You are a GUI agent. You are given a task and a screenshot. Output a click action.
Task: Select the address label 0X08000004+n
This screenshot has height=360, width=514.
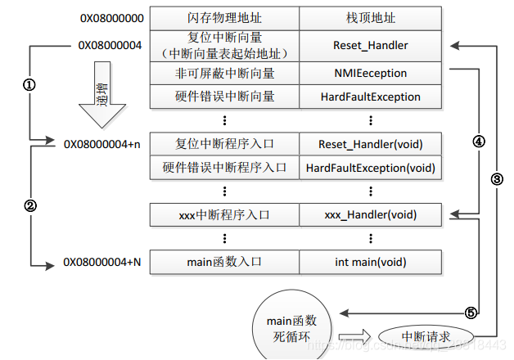point(102,144)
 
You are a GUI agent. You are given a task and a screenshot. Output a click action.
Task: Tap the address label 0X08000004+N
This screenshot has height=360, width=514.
point(102,263)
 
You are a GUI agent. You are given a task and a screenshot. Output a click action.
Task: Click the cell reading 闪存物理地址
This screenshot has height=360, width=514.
point(224,18)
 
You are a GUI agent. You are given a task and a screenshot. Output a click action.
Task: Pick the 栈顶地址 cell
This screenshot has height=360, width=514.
point(370,18)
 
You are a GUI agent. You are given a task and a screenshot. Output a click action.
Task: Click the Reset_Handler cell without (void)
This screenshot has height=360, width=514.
point(370,46)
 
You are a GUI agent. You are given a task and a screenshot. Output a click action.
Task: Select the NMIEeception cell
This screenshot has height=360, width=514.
point(370,74)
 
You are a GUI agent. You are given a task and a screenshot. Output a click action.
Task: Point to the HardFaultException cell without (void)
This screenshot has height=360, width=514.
point(370,97)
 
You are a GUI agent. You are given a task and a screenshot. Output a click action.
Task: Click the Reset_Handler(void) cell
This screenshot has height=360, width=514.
point(370,144)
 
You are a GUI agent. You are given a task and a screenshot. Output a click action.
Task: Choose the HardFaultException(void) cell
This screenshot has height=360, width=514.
point(370,168)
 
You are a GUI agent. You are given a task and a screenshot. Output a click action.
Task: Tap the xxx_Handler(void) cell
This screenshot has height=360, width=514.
point(370,215)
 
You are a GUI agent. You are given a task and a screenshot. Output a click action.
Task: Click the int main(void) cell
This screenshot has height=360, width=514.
point(370,263)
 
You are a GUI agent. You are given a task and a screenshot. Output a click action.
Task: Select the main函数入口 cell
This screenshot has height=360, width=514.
point(224,263)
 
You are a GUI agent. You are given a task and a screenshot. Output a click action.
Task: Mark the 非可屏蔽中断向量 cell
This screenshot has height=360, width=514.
point(224,74)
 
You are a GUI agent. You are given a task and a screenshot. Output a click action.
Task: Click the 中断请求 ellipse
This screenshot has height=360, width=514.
point(426,336)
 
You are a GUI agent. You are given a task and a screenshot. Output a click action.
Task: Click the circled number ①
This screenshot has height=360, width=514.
point(29,85)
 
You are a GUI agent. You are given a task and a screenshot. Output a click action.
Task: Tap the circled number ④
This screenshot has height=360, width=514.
point(479,141)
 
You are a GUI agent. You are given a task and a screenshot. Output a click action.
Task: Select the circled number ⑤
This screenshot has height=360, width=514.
point(471,313)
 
